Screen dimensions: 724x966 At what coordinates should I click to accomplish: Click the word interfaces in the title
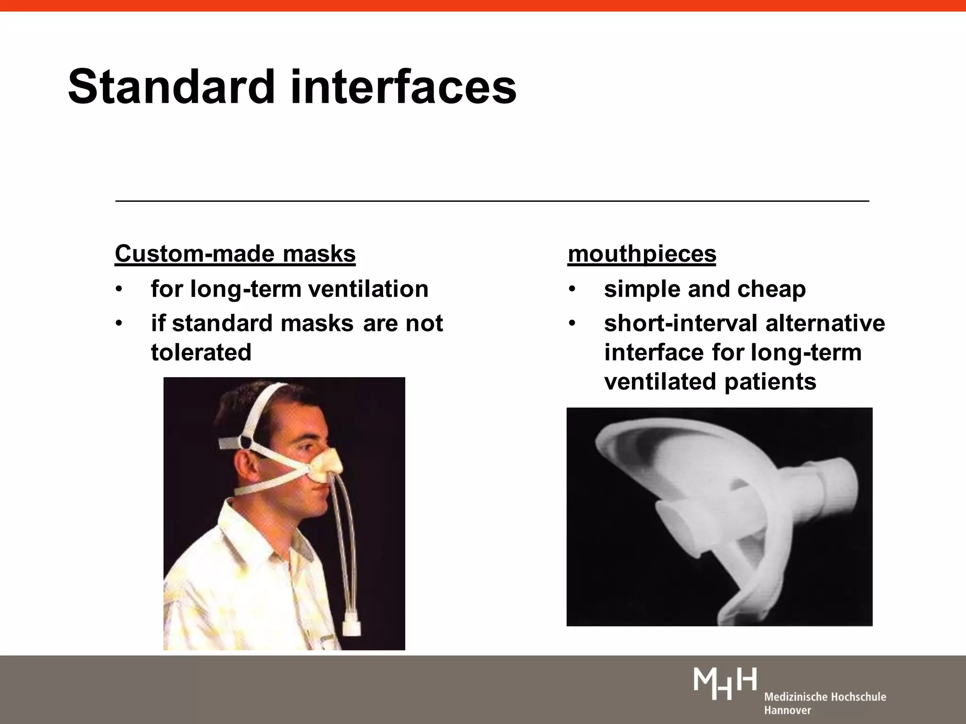tap(404, 88)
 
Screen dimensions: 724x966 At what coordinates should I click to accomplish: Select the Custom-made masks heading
tap(235, 254)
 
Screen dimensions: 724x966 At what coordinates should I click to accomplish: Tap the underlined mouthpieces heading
tap(641, 254)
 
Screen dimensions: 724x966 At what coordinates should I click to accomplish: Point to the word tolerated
tap(201, 353)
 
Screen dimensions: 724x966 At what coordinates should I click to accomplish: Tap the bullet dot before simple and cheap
tap(572, 289)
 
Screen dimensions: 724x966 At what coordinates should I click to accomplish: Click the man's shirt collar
tap(264, 533)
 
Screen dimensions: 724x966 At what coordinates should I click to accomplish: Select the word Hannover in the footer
tap(787, 710)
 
